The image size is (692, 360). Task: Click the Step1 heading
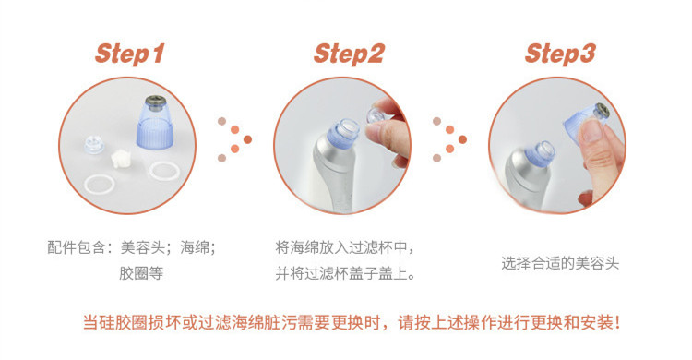(x=130, y=54)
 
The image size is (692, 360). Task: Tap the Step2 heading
(x=349, y=54)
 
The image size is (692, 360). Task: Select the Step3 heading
(x=560, y=54)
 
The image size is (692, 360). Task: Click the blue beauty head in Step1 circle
(x=154, y=123)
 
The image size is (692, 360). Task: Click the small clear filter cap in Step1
(x=94, y=144)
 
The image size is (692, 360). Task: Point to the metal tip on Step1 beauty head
(x=154, y=102)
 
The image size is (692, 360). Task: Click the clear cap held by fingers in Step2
(x=376, y=115)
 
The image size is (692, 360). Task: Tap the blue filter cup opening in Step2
(x=345, y=132)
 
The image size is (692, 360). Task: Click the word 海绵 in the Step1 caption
(x=194, y=247)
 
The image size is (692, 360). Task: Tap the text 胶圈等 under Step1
(x=141, y=273)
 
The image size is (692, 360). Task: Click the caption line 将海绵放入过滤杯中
(x=340, y=247)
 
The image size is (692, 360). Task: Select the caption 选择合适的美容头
(x=560, y=264)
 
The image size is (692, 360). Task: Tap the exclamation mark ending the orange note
(x=617, y=322)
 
